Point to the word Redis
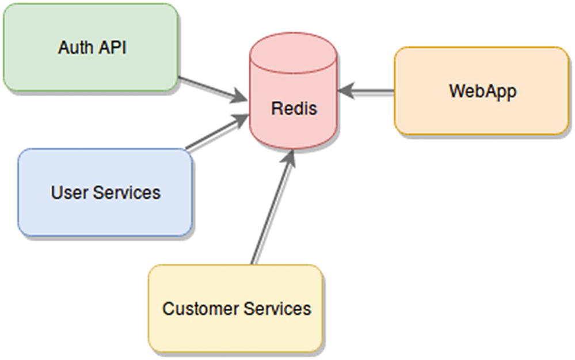[x=294, y=108]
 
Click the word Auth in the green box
[x=74, y=48]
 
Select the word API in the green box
[x=110, y=48]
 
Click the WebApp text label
[x=482, y=91]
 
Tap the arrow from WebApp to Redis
[x=368, y=91]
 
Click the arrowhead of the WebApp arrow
[x=346, y=91]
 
